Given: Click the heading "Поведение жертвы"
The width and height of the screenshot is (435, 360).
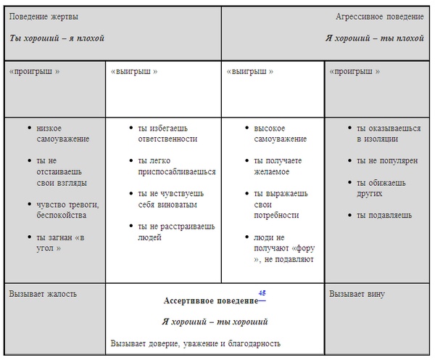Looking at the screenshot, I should (x=44, y=17).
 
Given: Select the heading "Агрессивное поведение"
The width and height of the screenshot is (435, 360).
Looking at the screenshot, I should (x=380, y=17).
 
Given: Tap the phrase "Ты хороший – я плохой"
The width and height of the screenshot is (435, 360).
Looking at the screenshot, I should (x=57, y=38).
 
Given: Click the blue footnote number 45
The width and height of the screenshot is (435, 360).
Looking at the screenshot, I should (x=262, y=293).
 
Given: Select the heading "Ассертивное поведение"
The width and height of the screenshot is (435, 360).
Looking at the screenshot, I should (x=211, y=300).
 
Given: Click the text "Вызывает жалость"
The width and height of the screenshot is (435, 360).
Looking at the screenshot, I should (x=43, y=294).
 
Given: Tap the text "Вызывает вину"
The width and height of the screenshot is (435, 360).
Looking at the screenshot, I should (x=357, y=294).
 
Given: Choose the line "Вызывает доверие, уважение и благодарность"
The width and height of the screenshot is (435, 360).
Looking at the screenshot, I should (x=196, y=343).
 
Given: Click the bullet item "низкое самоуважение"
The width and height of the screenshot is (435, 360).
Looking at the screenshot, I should (x=63, y=133).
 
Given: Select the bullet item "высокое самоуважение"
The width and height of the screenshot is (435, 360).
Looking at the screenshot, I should (x=281, y=133).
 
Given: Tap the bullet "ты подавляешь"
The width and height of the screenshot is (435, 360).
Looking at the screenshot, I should (x=384, y=215).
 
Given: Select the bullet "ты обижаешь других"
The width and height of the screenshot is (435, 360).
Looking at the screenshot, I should (x=379, y=188).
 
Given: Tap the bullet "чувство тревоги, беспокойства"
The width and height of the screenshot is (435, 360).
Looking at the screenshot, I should (x=67, y=210).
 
